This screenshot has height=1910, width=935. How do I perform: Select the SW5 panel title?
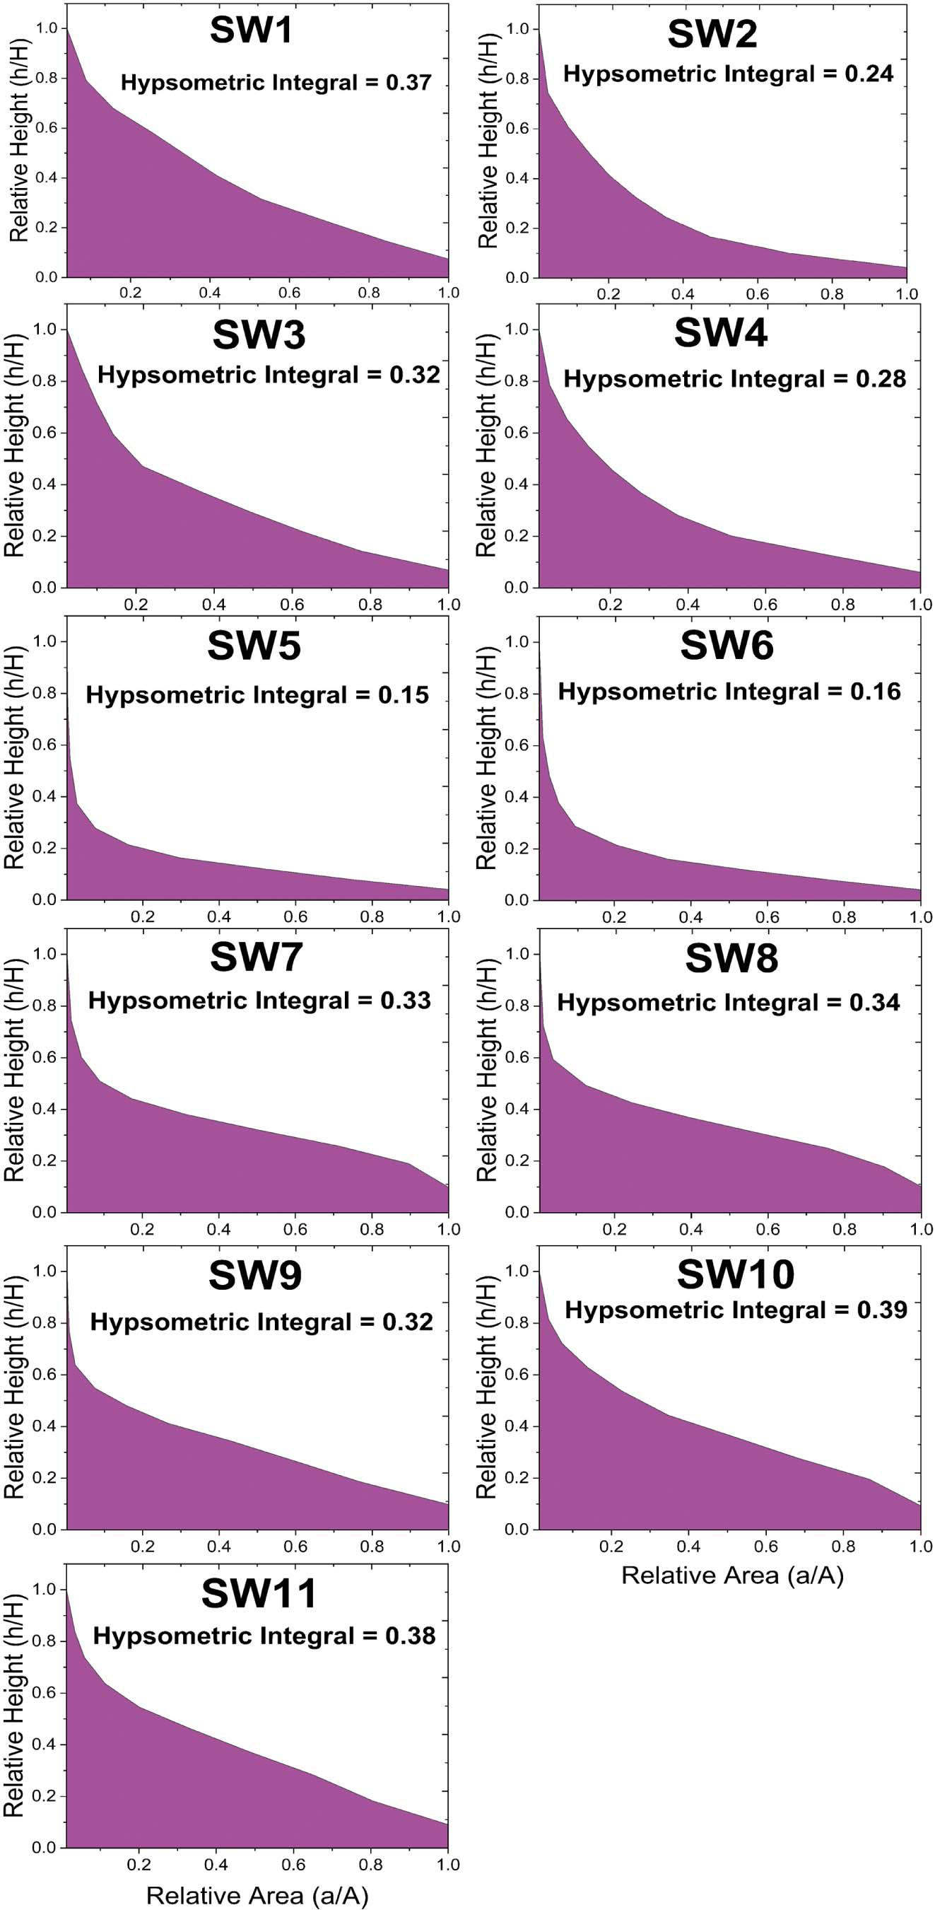[254, 645]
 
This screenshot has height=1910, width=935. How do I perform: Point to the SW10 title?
[735, 1274]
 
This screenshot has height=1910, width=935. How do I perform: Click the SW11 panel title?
[259, 1592]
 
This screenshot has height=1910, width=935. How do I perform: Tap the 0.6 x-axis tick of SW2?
[757, 293]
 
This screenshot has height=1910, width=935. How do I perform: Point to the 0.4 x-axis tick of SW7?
[218, 1229]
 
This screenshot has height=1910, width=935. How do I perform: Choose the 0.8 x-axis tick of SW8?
[844, 1229]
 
